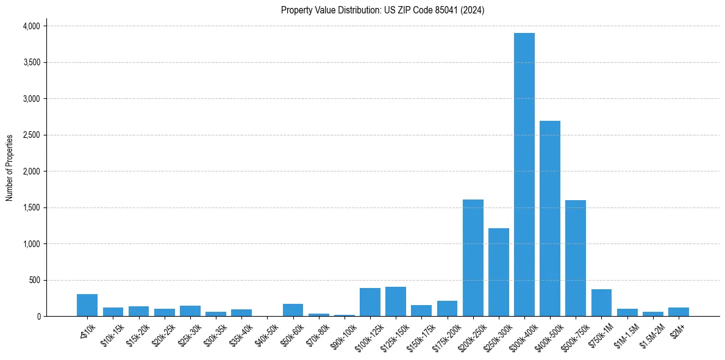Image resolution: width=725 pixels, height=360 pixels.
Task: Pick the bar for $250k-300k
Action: pos(498,272)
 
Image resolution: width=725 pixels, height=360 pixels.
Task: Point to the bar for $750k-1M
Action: pos(601,303)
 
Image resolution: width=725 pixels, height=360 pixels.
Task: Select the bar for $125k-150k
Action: pos(395,301)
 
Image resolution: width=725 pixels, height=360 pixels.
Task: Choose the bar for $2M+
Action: pos(678,312)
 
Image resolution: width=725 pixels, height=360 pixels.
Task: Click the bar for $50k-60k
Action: pos(293,310)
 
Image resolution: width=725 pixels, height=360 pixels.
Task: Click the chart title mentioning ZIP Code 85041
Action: pos(382,10)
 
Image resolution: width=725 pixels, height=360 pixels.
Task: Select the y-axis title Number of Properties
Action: pos(10,168)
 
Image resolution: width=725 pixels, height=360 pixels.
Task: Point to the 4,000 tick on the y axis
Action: pos(30,26)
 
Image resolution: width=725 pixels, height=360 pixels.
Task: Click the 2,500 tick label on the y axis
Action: pos(30,135)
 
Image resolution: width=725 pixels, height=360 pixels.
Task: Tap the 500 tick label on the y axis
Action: pos(34,280)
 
